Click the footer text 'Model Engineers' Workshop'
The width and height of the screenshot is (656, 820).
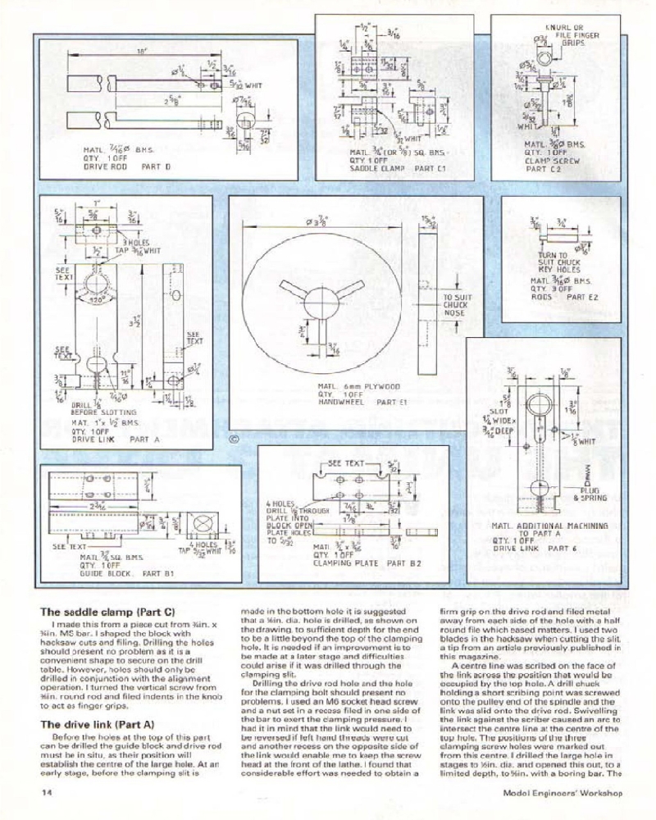(563, 794)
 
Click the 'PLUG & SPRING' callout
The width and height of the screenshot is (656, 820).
(590, 494)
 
